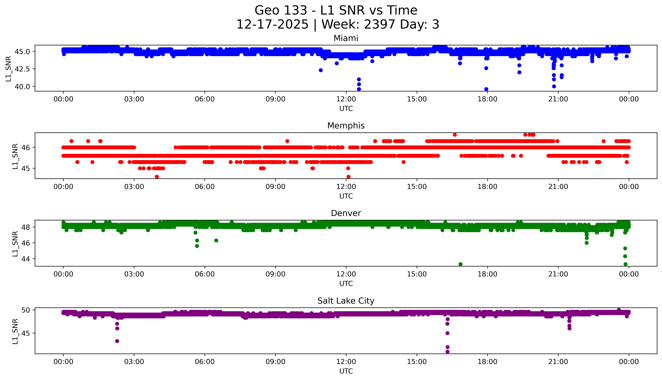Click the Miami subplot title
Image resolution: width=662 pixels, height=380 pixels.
coord(346,38)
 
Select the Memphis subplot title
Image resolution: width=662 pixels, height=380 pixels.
coord(346,126)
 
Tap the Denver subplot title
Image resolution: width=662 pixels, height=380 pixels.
coord(346,213)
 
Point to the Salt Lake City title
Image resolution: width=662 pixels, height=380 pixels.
coord(346,301)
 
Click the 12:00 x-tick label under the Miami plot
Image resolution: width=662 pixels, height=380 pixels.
coord(346,99)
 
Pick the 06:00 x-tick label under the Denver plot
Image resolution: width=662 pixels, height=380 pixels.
coord(205,274)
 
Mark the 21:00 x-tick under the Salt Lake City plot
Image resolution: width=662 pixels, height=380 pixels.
coord(558,362)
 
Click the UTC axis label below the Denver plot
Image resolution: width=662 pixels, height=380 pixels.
coord(346,283)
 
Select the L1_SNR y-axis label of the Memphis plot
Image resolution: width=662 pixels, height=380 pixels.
coord(15,156)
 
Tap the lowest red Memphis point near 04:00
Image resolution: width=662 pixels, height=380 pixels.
coord(157,177)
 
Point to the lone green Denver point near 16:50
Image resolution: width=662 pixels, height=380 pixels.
coord(460,264)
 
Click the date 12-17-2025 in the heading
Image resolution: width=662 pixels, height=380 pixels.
coord(272,25)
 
